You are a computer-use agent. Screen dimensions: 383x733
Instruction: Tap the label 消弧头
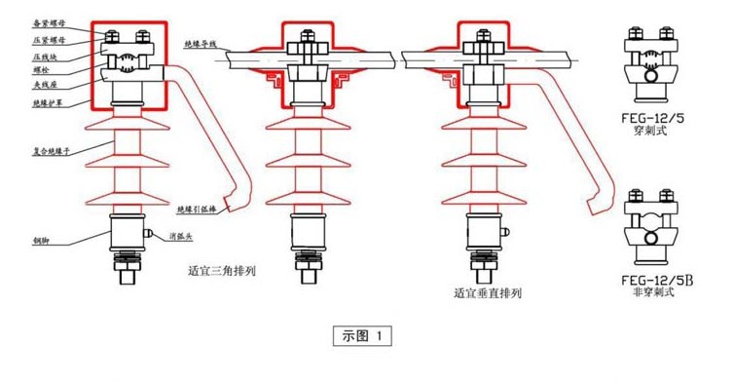[x=181, y=236]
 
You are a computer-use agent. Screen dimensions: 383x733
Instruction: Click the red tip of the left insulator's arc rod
[x=227, y=207]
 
